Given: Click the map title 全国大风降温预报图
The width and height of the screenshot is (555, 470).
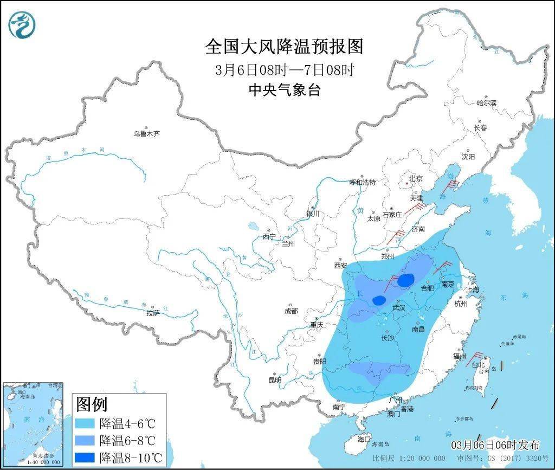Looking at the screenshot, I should point(284,47).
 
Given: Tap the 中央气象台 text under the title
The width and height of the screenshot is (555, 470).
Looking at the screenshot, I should point(284,89).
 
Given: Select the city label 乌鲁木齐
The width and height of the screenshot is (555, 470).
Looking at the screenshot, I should point(147,133).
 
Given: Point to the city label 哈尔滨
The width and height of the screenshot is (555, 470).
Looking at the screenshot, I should point(486,102).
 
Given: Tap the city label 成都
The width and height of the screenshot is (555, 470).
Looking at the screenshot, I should point(291,311).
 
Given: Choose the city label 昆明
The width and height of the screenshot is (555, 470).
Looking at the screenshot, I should point(274,380).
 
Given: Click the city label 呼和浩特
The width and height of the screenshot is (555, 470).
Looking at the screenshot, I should point(362,182).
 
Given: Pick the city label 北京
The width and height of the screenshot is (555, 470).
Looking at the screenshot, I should point(415,178).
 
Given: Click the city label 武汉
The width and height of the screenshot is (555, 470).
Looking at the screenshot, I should point(398,307).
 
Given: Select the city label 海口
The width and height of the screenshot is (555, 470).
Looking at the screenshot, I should point(364,439).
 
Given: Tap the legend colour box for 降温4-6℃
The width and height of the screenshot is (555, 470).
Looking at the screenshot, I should point(85,423).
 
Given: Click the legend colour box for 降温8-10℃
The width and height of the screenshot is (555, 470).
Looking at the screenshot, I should point(85,457).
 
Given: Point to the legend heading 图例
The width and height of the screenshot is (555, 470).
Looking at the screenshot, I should point(92,404).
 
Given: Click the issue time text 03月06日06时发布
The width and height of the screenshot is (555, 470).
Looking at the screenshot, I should point(495,445).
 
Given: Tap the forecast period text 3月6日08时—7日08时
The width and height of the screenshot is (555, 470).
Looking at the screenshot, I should point(284,69).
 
